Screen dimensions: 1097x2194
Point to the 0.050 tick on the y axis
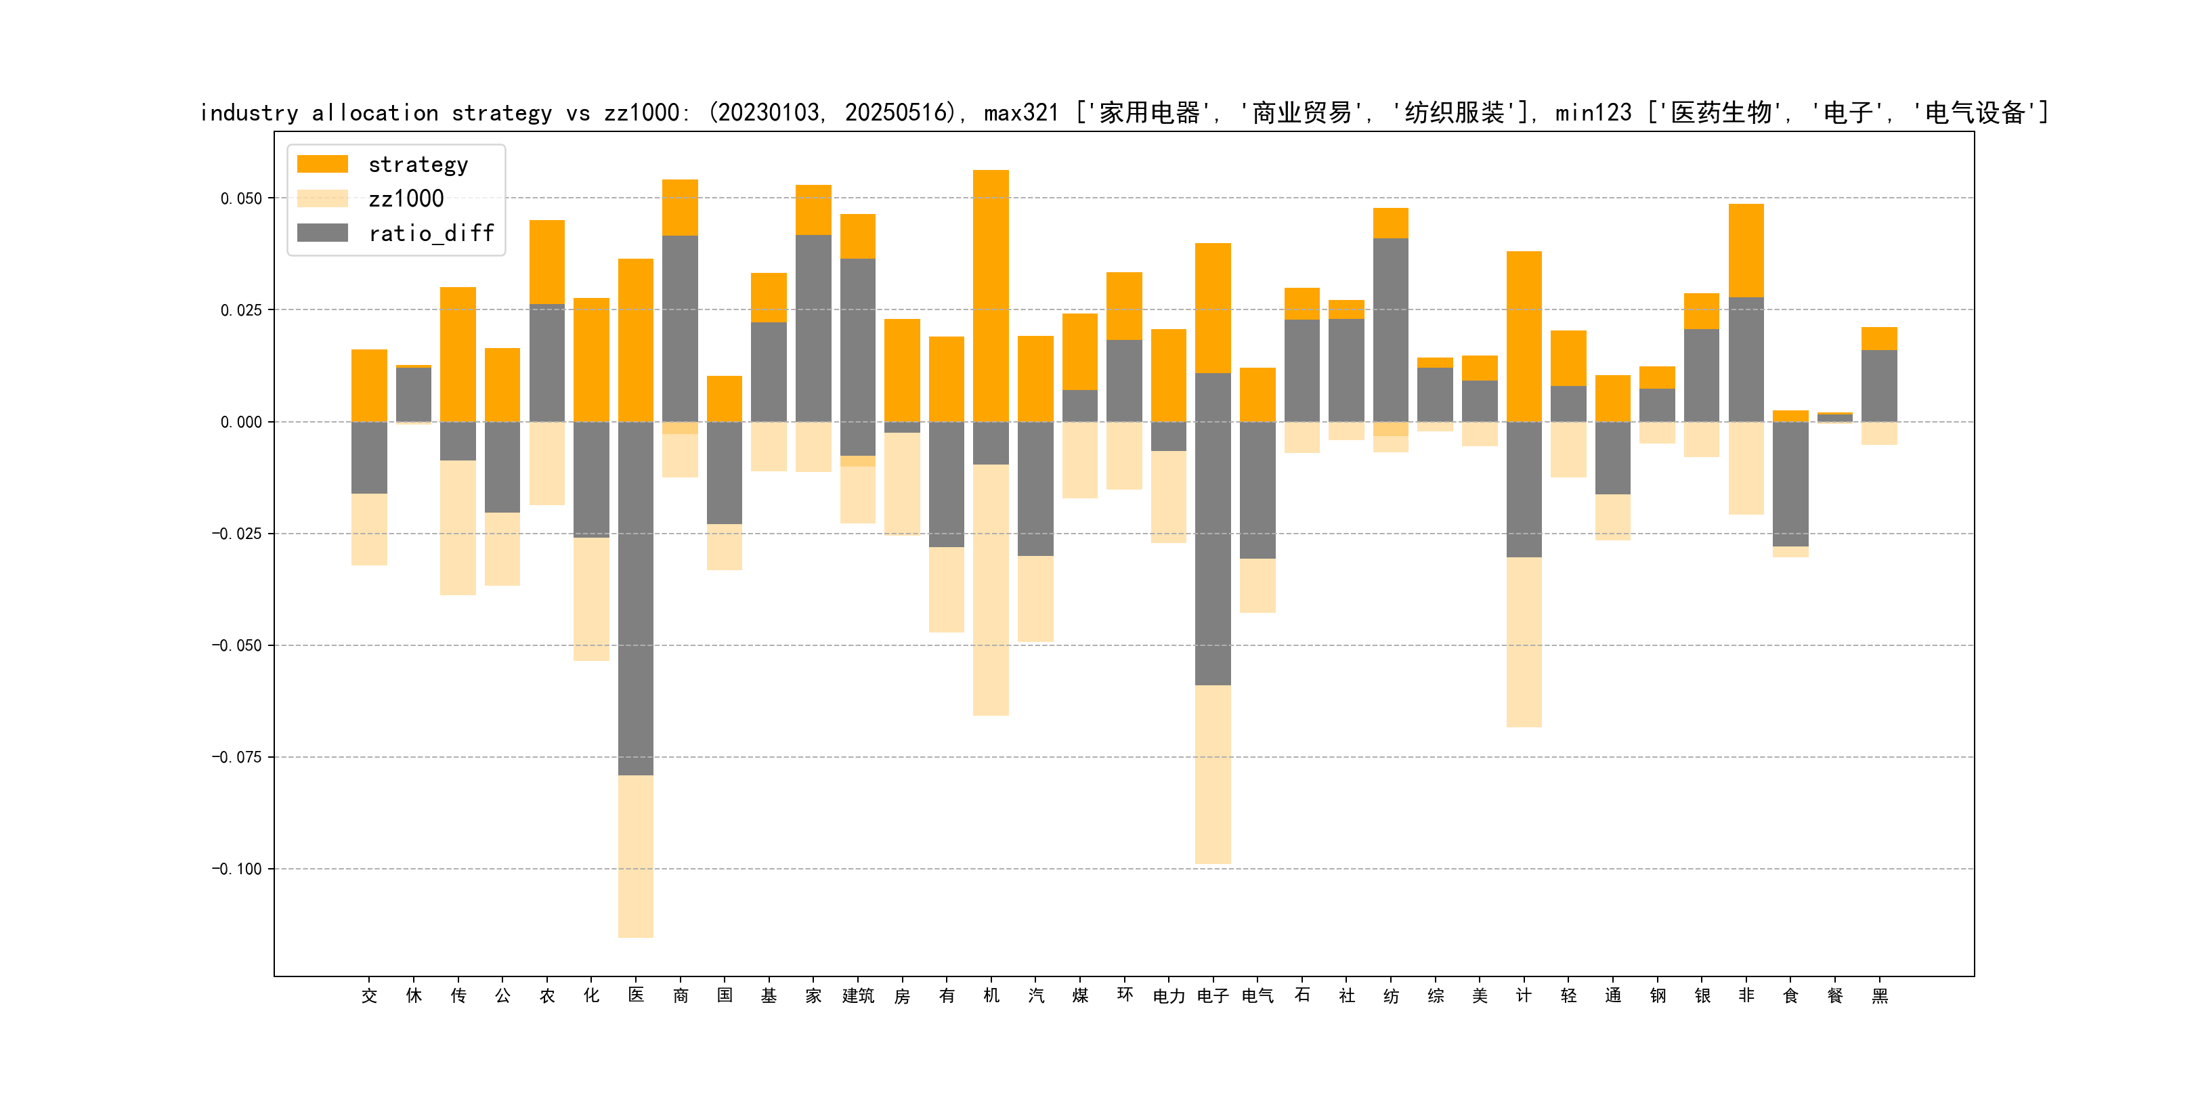coord(241,198)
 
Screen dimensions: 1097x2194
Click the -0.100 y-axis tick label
coord(237,869)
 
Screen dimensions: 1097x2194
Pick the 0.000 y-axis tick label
coord(241,422)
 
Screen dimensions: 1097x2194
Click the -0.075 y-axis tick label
coord(237,757)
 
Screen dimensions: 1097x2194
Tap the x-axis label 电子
coord(1213,995)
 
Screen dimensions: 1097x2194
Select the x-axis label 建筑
coord(858,995)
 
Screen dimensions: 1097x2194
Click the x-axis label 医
coord(637,995)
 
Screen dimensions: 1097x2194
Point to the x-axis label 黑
coord(1880,995)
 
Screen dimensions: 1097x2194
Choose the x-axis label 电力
coord(1169,995)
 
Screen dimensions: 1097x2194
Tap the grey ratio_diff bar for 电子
coord(1213,529)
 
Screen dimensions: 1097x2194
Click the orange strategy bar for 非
coord(1746,251)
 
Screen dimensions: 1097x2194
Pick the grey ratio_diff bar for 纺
coord(1391,330)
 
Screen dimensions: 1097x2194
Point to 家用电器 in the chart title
coord(1149,112)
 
